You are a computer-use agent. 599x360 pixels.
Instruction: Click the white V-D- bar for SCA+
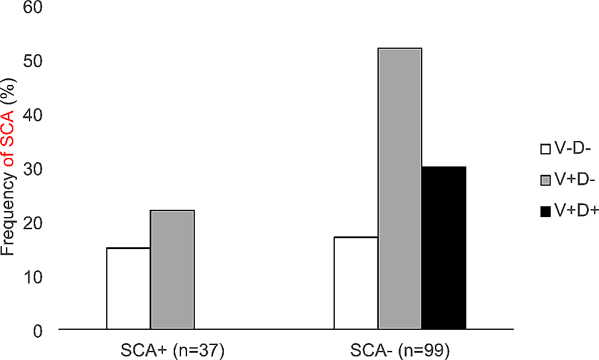coord(128,289)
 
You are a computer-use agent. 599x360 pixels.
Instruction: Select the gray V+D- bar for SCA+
coord(173,270)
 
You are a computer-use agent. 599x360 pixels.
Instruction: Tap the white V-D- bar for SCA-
coord(356,283)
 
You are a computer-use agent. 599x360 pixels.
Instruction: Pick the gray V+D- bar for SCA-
coord(400,189)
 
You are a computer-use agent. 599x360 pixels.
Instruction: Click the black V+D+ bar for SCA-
coord(444,248)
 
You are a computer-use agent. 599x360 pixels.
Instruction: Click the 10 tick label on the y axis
coord(38,277)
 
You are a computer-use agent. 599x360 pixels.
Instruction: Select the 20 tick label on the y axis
coord(38,223)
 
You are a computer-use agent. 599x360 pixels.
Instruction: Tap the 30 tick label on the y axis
coord(38,169)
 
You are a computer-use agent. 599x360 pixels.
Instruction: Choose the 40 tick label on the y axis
coord(38,115)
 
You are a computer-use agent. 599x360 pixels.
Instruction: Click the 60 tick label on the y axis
coord(38,8)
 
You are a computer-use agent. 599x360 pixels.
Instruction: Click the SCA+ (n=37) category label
coord(173,350)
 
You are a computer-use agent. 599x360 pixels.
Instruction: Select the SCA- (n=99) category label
coord(400,350)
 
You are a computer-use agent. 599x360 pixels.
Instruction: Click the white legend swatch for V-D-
coord(545,148)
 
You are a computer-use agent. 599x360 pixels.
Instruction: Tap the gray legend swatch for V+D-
coord(545,180)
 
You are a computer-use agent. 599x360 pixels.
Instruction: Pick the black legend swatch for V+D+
coord(545,211)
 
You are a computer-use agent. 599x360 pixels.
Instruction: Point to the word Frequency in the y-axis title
coord(8,220)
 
